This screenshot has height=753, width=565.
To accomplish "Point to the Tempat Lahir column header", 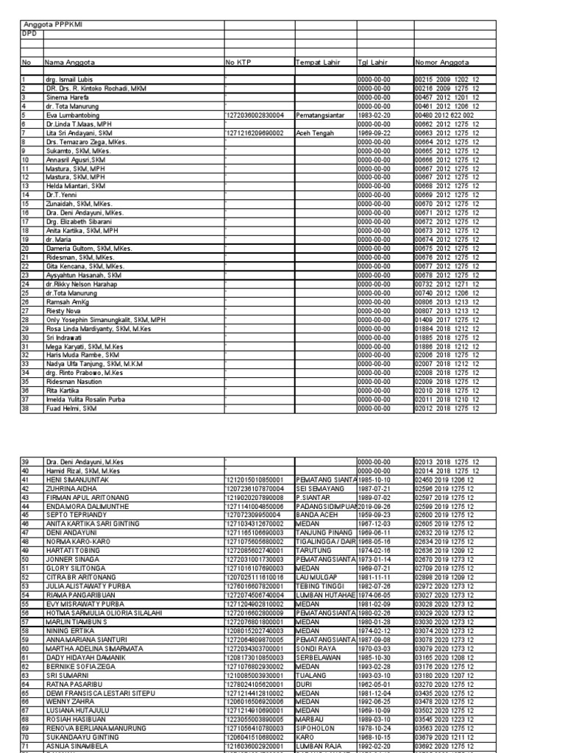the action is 319,63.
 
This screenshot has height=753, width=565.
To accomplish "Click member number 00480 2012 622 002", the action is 444,115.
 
